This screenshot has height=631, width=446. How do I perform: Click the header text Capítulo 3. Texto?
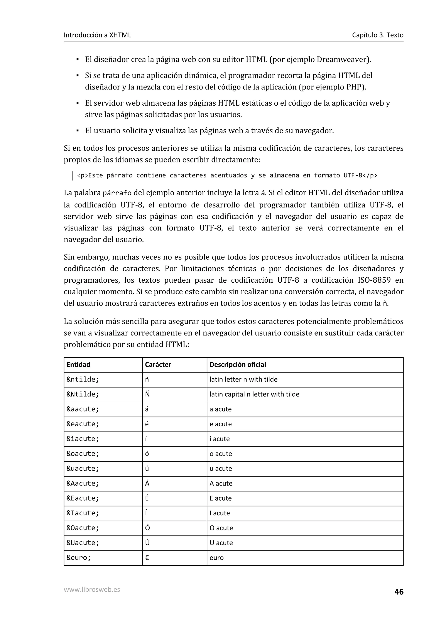[x=378, y=35]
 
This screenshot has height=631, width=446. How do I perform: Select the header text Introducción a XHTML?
[x=97, y=35]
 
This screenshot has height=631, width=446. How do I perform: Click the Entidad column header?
[x=78, y=364]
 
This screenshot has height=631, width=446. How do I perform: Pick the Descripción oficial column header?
[x=238, y=364]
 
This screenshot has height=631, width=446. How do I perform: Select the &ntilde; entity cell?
[x=83, y=379]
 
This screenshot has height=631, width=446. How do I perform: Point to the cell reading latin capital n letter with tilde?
[x=254, y=394]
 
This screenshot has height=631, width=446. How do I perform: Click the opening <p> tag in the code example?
[x=83, y=175]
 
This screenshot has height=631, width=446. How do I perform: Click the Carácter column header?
[x=158, y=364]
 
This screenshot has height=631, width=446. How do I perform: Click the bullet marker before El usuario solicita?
[x=78, y=131]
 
